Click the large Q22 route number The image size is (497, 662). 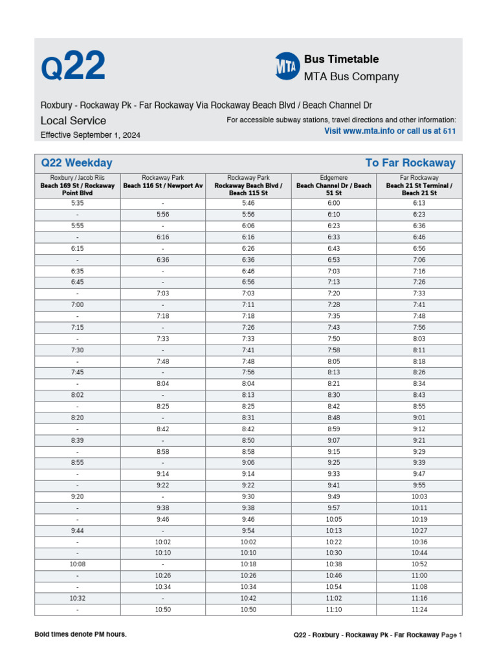click(72, 67)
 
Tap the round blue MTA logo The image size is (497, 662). click(287, 67)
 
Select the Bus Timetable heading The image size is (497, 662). click(342, 59)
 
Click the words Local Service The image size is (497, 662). click(73, 120)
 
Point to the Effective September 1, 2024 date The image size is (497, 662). click(90, 135)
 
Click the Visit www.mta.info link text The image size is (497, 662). click(390, 131)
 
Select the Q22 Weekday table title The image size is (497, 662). click(76, 163)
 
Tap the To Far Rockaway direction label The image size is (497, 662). click(410, 163)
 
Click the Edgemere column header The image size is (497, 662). click(334, 185)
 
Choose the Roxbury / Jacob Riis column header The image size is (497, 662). click(77, 185)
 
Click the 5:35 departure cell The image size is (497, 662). click(77, 203)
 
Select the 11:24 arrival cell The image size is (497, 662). click(419, 610)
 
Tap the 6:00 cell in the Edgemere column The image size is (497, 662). click(334, 203)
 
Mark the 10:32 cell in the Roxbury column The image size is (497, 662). click(77, 599)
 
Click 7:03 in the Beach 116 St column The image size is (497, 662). click(163, 293)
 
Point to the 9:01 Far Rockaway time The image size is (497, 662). click(419, 417)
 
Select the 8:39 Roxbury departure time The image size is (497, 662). click(77, 440)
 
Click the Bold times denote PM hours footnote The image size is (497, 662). click(80, 634)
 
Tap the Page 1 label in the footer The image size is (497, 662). click(452, 635)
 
